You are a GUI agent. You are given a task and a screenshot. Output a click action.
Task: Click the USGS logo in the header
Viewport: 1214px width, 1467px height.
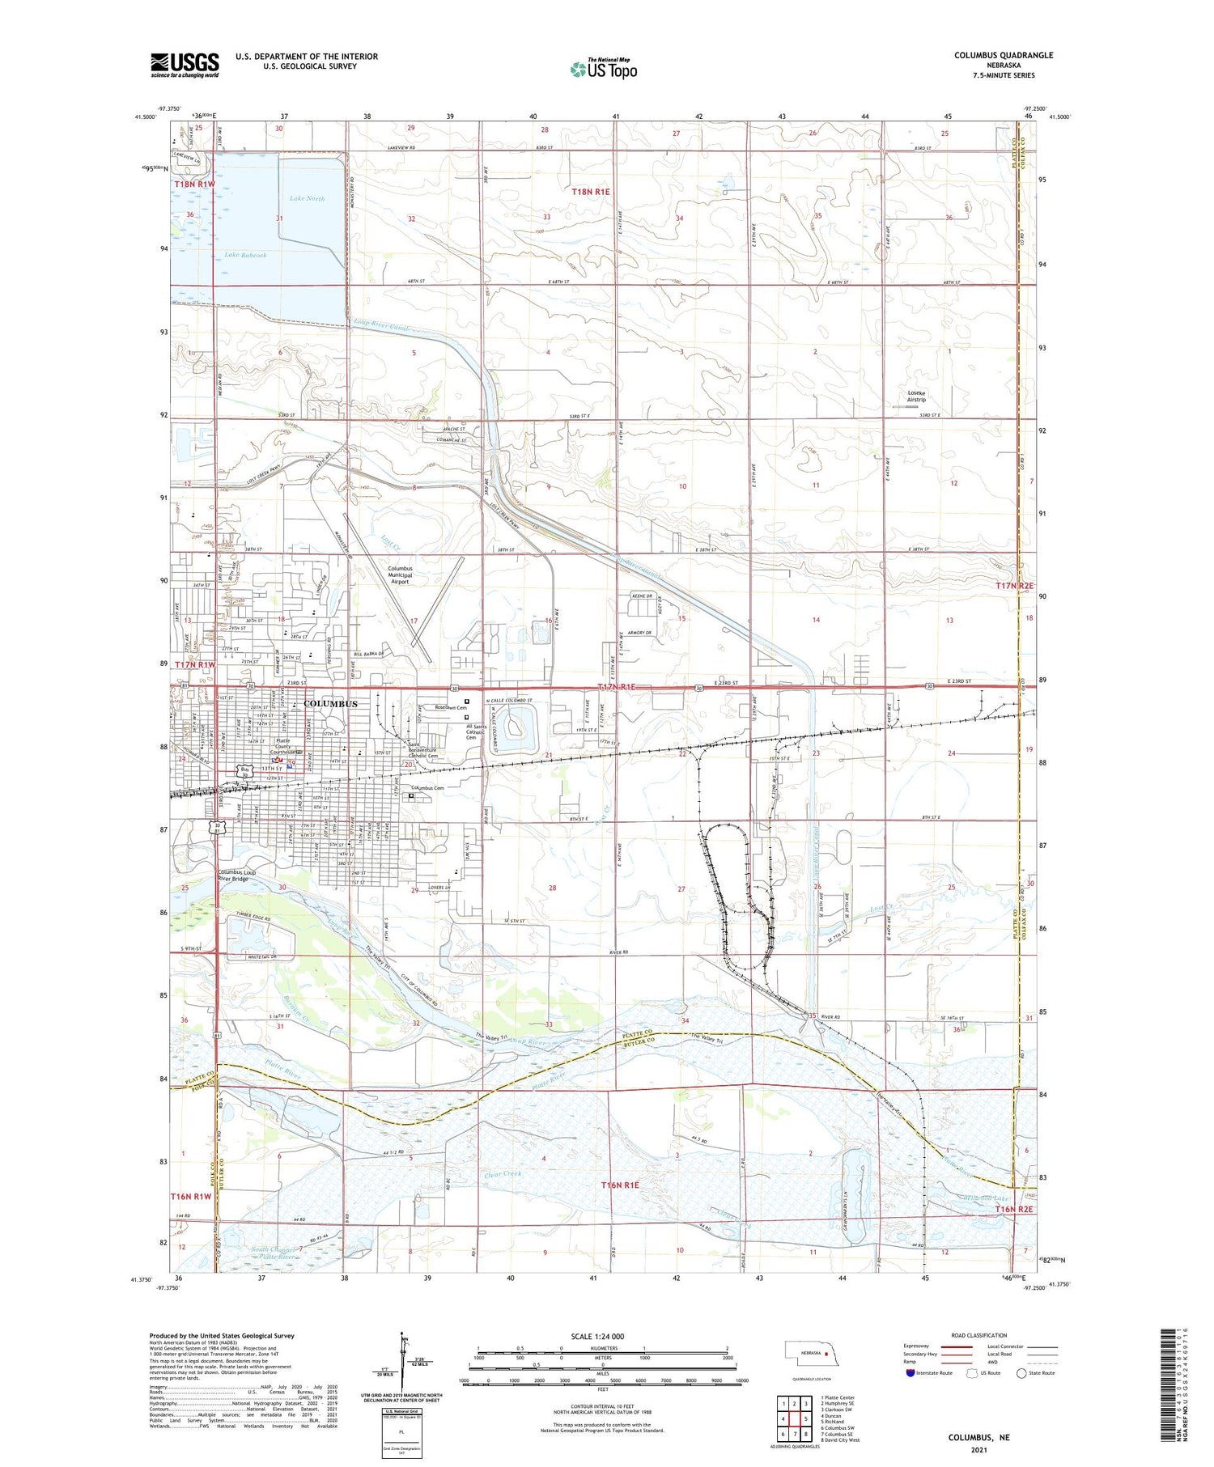coord(185,65)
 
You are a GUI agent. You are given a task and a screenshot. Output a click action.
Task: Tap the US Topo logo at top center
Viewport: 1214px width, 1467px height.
coord(603,70)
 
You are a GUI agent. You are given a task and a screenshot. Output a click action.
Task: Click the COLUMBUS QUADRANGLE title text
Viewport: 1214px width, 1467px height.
coord(1003,55)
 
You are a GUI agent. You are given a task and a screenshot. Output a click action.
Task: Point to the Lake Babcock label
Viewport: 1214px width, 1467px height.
coord(245,255)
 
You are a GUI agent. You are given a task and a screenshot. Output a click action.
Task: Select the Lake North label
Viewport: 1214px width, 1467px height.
coord(307,198)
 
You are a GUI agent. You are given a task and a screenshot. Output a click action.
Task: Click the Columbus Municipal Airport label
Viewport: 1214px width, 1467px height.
coord(400,575)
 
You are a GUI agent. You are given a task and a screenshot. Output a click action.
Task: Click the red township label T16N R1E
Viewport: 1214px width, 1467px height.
coord(620,1185)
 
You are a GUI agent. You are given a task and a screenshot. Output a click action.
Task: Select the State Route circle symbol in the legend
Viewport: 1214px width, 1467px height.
coord(1021,1373)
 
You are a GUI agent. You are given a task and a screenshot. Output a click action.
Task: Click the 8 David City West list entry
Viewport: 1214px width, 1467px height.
coord(840,1440)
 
